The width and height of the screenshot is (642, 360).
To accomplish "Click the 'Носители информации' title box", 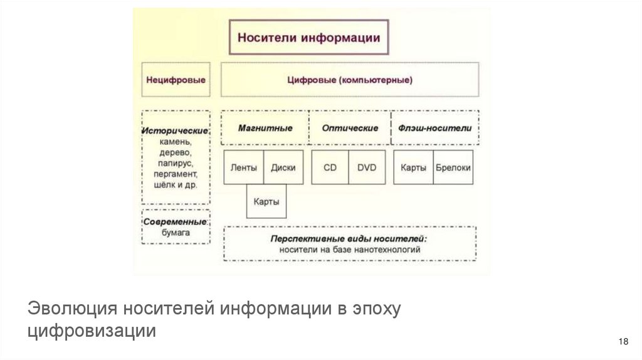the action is [308, 37].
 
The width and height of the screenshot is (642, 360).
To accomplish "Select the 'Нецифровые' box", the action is [176, 80].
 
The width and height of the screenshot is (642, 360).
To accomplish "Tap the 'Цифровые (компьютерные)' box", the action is [350, 80].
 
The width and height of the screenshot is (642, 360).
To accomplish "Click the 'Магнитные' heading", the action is [265, 128].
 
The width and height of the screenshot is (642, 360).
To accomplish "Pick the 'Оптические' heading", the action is [350, 128].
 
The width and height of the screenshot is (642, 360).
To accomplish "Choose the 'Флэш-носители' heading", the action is [434, 128].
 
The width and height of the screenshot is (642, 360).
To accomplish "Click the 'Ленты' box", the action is [243, 167].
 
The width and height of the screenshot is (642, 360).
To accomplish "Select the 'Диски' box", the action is [283, 167].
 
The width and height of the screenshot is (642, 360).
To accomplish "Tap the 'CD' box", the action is [330, 167].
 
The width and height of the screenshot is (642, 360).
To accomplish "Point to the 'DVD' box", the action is [367, 167].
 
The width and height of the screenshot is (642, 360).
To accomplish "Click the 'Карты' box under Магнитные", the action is [266, 202].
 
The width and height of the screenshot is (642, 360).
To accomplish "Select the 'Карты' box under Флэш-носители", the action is [413, 167].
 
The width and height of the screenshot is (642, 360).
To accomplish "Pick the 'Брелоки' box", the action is [453, 167].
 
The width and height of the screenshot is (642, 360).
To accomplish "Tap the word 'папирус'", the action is [176, 162].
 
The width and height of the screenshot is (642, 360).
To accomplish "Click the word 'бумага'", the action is [176, 233].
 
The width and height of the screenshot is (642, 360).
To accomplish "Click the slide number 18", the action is [623, 341].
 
